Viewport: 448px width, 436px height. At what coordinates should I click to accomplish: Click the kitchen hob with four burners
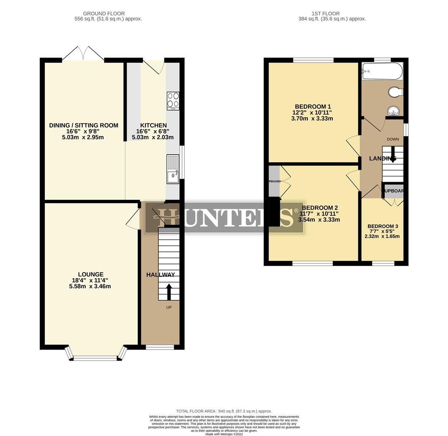(173, 101)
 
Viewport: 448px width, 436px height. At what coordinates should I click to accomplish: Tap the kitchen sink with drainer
(172, 169)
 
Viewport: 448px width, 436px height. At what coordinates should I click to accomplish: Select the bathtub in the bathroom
(382, 71)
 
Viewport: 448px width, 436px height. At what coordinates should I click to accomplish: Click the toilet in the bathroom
(395, 92)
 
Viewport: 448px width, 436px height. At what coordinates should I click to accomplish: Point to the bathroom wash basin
(393, 111)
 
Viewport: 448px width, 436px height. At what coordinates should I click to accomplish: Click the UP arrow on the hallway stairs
(169, 291)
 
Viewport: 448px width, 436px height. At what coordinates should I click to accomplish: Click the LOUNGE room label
(90, 275)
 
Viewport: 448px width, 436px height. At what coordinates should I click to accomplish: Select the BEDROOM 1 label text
(312, 107)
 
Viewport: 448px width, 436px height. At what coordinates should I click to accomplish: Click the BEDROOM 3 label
(383, 226)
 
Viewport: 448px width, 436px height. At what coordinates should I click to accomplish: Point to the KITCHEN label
(153, 126)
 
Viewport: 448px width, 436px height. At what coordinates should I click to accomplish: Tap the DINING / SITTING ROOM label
(84, 126)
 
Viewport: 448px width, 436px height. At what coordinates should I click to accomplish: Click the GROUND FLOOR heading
(104, 14)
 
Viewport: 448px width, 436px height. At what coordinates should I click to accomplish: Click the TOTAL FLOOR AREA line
(224, 411)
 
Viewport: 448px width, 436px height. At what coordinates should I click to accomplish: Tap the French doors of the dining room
(83, 54)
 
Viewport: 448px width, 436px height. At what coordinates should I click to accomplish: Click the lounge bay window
(96, 357)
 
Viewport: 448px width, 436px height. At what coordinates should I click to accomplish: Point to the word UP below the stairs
(169, 308)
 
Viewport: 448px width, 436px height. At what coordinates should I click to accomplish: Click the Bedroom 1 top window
(313, 60)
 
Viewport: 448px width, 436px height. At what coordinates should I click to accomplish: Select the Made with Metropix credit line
(224, 434)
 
